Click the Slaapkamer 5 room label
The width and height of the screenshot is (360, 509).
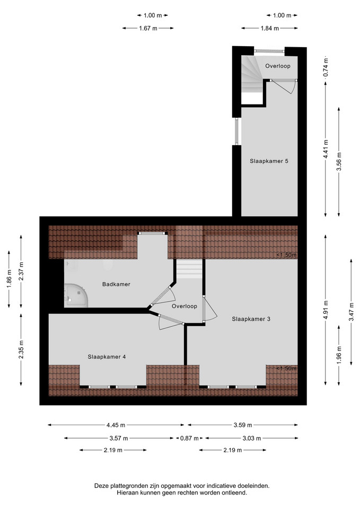click(x=269, y=161)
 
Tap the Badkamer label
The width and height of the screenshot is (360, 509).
click(x=116, y=284)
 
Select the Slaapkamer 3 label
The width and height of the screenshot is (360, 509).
click(x=251, y=319)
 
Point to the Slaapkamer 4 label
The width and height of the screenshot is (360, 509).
click(x=107, y=357)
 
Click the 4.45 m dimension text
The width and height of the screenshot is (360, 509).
click(x=116, y=425)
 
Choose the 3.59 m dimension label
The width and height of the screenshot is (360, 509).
click(x=243, y=425)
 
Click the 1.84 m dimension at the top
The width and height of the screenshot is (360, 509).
click(x=270, y=28)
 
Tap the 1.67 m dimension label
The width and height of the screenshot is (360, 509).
click(x=148, y=28)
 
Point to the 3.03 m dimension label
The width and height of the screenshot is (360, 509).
click(x=252, y=438)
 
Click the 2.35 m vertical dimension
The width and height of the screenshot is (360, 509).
click(x=21, y=349)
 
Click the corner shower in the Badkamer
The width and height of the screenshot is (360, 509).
click(x=76, y=295)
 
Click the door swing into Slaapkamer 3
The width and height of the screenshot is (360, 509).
click(x=210, y=309)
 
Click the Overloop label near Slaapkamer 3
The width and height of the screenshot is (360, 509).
click(x=185, y=306)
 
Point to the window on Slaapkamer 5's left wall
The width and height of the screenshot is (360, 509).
click(x=236, y=131)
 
